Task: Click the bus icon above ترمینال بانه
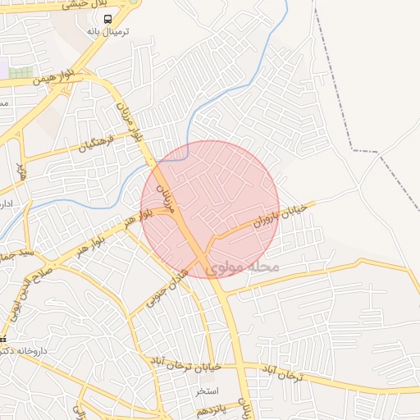click(109, 19)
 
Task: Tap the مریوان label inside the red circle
click(167, 199)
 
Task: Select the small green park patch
click(21, 73)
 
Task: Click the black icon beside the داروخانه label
click(3, 339)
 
